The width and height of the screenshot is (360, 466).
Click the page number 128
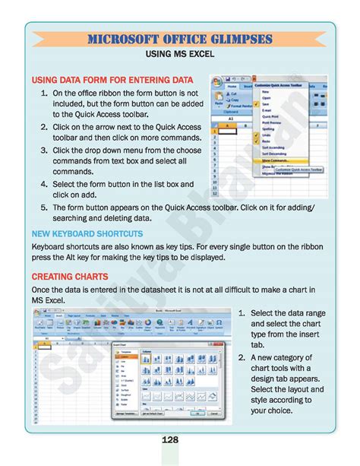click(x=179, y=440)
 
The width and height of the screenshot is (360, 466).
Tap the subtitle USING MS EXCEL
click(x=179, y=55)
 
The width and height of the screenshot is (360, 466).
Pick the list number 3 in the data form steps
click(x=45, y=151)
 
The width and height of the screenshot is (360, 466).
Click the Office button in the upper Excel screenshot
click(x=216, y=81)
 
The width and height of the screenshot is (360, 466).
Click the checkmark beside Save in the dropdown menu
click(x=256, y=104)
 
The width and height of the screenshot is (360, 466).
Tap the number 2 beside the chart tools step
click(x=242, y=357)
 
